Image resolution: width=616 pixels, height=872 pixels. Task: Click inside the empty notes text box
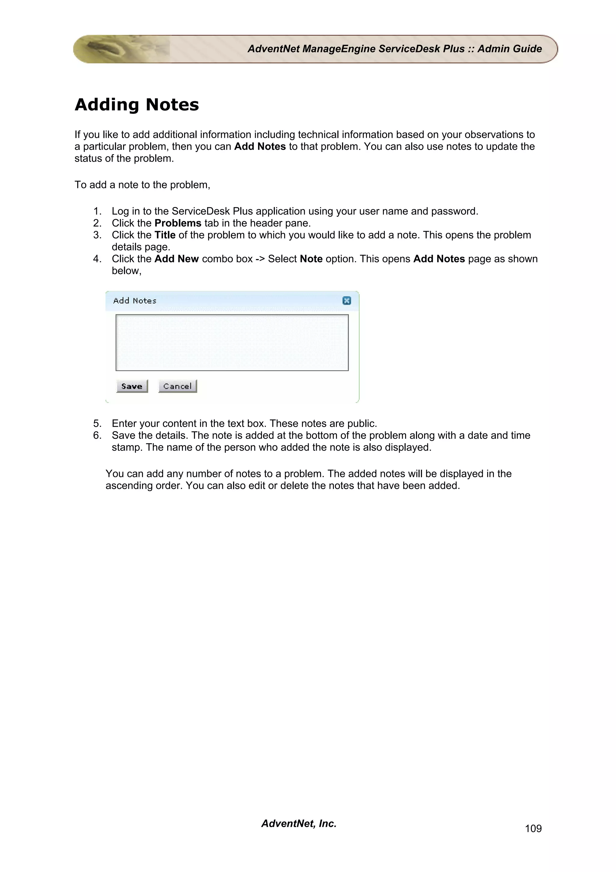(x=232, y=342)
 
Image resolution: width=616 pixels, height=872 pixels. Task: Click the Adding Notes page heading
(x=137, y=104)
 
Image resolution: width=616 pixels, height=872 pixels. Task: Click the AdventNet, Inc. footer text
(x=299, y=823)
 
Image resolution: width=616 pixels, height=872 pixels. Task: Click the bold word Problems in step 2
(x=178, y=223)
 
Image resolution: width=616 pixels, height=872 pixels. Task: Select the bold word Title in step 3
(x=165, y=235)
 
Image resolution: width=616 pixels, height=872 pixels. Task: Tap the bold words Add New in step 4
(x=177, y=259)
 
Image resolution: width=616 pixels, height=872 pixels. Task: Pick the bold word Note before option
(x=311, y=259)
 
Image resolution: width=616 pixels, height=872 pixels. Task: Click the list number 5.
(x=97, y=423)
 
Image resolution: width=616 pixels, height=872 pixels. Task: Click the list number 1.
(x=97, y=211)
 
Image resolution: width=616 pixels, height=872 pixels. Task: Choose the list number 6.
(x=97, y=435)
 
